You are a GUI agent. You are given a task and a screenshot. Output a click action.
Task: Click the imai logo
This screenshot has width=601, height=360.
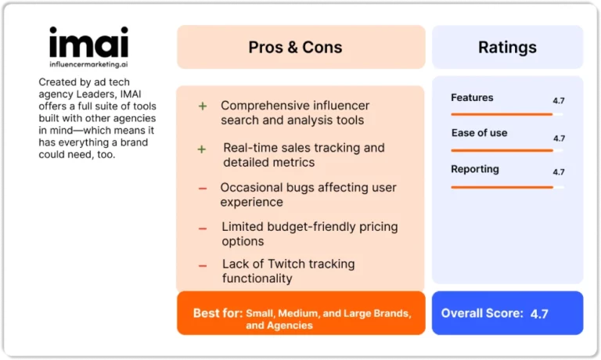pyautogui.click(x=88, y=42)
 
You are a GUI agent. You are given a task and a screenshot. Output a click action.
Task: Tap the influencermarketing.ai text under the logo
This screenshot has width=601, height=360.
pyautogui.click(x=88, y=64)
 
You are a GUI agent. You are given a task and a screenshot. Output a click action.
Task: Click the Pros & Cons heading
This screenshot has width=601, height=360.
pyautogui.click(x=295, y=47)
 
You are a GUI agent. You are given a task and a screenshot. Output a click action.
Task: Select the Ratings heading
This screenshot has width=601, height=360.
pyautogui.click(x=507, y=47)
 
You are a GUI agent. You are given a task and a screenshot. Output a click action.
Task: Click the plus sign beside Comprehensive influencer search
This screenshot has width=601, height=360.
pyautogui.click(x=203, y=106)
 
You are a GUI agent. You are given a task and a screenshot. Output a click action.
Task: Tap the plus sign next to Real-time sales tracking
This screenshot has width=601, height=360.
pyautogui.click(x=202, y=149)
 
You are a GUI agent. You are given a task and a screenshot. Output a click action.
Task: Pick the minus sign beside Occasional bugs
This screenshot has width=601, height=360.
pyautogui.click(x=203, y=189)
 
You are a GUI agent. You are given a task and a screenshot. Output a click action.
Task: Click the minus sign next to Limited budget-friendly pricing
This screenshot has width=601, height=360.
pyautogui.click(x=203, y=229)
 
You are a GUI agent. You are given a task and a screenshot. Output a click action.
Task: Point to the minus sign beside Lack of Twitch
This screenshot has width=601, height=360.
pyautogui.click(x=203, y=265)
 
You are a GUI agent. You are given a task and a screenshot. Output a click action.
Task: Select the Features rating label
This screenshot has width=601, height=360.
pyautogui.click(x=472, y=97)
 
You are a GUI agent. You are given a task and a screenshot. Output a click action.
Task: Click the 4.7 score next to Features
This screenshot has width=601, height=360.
pyautogui.click(x=559, y=100)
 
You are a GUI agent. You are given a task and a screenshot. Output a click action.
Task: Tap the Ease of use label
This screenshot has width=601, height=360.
pyautogui.click(x=479, y=132)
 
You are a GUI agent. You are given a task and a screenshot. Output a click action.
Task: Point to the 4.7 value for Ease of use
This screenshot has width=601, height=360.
pyautogui.click(x=559, y=138)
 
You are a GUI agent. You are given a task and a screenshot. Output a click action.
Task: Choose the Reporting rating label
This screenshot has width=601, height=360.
pyautogui.click(x=475, y=169)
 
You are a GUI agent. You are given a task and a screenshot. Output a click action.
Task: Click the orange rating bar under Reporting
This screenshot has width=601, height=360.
pyautogui.click(x=502, y=187)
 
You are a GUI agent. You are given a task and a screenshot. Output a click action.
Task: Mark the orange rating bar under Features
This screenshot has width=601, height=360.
pyautogui.click(x=502, y=114)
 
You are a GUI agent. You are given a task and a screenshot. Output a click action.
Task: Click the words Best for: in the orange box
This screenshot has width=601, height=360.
pyautogui.click(x=218, y=313)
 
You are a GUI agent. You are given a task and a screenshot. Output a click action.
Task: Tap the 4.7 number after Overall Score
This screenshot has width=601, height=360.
pyautogui.click(x=539, y=314)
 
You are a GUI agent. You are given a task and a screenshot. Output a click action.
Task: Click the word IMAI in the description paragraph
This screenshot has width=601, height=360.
pyautogui.click(x=131, y=94)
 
